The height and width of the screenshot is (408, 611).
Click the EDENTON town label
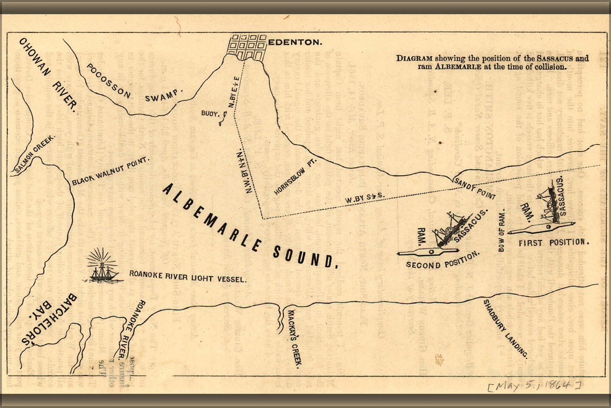(x=296, y=42)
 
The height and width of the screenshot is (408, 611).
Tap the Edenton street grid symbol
(x=247, y=47)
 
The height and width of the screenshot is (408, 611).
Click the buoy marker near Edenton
(x=222, y=119)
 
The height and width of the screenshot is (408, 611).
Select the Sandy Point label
(x=474, y=189)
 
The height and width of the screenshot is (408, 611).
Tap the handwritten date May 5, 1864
(x=534, y=385)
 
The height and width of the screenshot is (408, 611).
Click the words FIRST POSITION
(x=554, y=243)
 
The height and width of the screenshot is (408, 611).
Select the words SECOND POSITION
(x=442, y=261)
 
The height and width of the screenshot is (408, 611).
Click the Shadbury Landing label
(x=505, y=328)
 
